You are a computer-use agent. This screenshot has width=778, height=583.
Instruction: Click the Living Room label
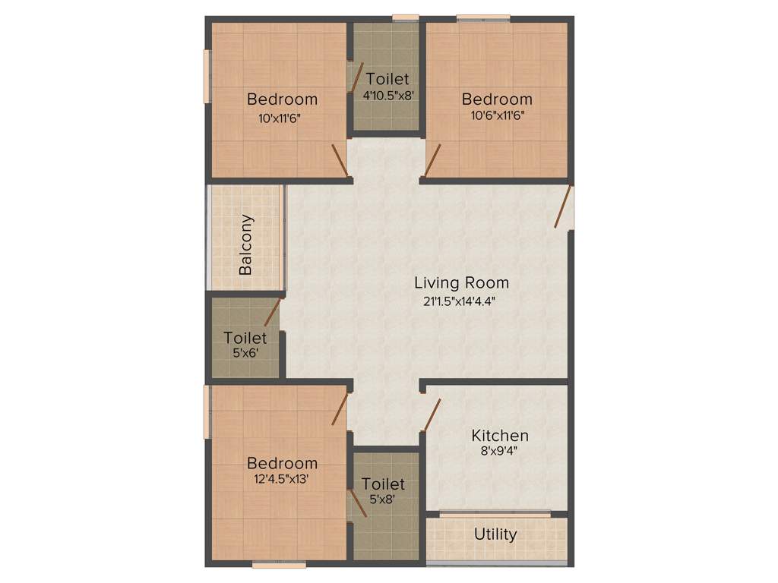pyautogui.click(x=461, y=283)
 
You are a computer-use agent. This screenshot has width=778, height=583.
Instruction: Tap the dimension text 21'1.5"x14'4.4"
pyautogui.click(x=461, y=301)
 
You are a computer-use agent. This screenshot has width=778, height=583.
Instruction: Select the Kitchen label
pyautogui.click(x=500, y=436)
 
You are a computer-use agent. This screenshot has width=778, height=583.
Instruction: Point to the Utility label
pyautogui.click(x=495, y=534)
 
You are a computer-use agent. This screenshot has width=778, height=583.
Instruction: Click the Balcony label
pyautogui.click(x=246, y=244)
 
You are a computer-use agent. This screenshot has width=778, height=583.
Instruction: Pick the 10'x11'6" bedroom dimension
pyautogui.click(x=282, y=118)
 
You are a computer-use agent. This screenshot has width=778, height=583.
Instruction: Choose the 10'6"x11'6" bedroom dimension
pyautogui.click(x=497, y=115)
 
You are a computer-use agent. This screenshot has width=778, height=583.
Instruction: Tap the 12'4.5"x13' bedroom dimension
pyautogui.click(x=282, y=480)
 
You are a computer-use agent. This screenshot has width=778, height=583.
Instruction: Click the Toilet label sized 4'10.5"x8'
pyautogui.click(x=387, y=79)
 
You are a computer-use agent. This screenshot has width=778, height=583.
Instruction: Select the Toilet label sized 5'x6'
pyautogui.click(x=245, y=338)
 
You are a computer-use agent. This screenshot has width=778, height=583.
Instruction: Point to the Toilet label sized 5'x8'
pyautogui.click(x=383, y=484)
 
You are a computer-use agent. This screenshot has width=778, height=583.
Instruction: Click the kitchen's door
pyautogui.click(x=432, y=414)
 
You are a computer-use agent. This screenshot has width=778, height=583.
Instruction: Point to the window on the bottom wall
pyautogui.click(x=280, y=564)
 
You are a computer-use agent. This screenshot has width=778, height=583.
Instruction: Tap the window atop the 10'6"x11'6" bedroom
pyautogui.click(x=483, y=17)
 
